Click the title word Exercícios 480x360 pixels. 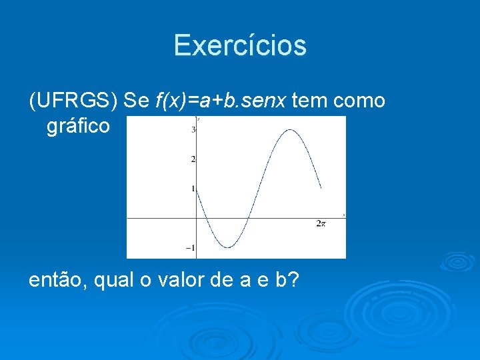[240, 45]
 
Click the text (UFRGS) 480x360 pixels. [73, 101]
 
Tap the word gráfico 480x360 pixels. [78, 125]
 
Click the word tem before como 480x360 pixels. [310, 101]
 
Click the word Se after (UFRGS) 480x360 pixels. [137, 101]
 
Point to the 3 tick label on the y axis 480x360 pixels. [193, 129]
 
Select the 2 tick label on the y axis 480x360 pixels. [193, 159]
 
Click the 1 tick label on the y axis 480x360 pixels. [193, 189]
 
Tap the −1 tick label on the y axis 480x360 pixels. [191, 247]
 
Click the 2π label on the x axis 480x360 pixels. [321, 224]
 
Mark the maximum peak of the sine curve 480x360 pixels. [290, 130]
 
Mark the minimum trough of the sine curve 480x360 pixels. [227, 247]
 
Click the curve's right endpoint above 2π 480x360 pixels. [321, 188]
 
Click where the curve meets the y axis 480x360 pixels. [197, 189]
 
